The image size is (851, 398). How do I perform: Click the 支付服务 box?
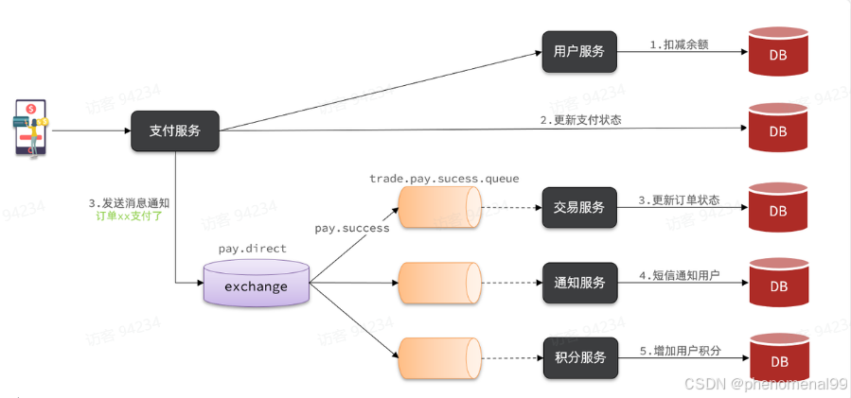pos(175,130)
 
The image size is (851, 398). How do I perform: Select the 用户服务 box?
pos(579,52)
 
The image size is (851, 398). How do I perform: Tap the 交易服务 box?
pos(579,207)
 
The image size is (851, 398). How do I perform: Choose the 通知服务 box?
pos(579,283)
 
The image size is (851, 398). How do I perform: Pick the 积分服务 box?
pos(579,358)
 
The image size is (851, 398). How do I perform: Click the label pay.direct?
pos(252,249)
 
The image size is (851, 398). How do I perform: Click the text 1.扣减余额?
pos(678,44)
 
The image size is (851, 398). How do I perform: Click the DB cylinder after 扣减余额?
pos(777,53)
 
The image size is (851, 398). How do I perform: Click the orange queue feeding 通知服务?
pos(439,283)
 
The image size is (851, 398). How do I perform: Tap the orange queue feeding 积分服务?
pos(439,358)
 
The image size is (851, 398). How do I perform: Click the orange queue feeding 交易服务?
pos(439,208)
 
